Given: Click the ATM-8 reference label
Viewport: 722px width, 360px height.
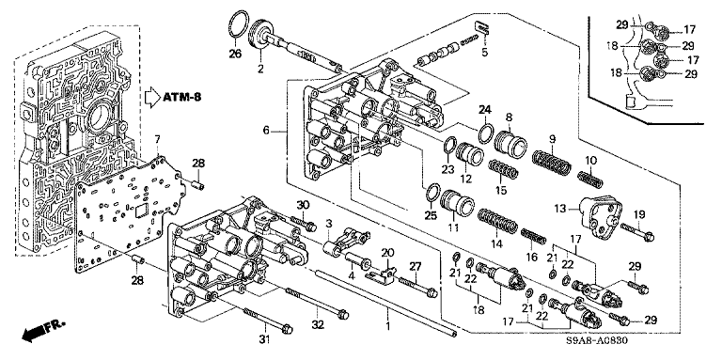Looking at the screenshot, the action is tap(181, 97).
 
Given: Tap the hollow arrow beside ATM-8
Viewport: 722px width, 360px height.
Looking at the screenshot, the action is tap(151, 98).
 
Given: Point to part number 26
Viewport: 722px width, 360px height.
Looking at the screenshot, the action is tap(235, 55).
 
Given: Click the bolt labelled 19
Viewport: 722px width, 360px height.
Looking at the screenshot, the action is tap(637, 232).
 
